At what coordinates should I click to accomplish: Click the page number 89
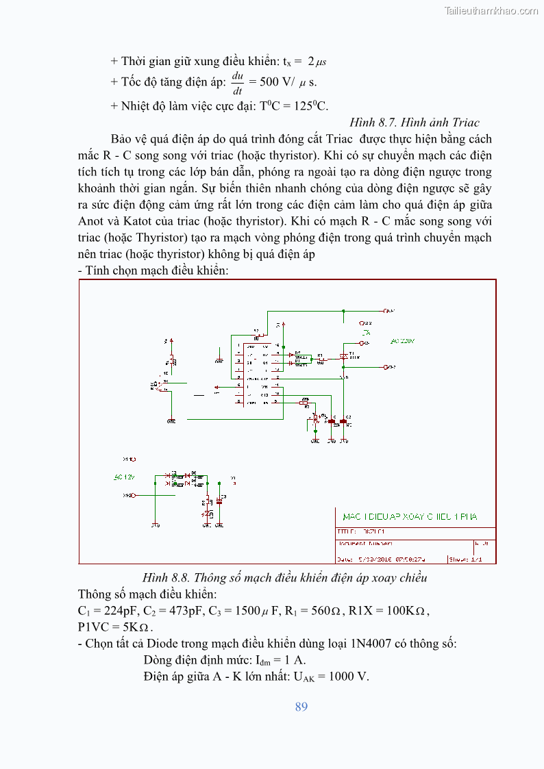(x=301, y=707)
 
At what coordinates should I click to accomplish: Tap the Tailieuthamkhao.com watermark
(x=491, y=10)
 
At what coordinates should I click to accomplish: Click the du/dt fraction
(x=238, y=82)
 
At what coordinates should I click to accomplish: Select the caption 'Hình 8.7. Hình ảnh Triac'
(x=414, y=123)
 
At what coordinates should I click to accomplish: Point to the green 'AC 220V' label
(x=402, y=341)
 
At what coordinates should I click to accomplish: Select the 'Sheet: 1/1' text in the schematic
(x=466, y=559)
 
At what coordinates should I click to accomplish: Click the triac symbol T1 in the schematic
(x=344, y=357)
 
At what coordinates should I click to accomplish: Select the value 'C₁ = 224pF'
(x=107, y=611)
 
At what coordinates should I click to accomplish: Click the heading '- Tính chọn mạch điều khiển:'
(x=153, y=270)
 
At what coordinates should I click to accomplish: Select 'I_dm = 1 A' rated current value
(x=281, y=660)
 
